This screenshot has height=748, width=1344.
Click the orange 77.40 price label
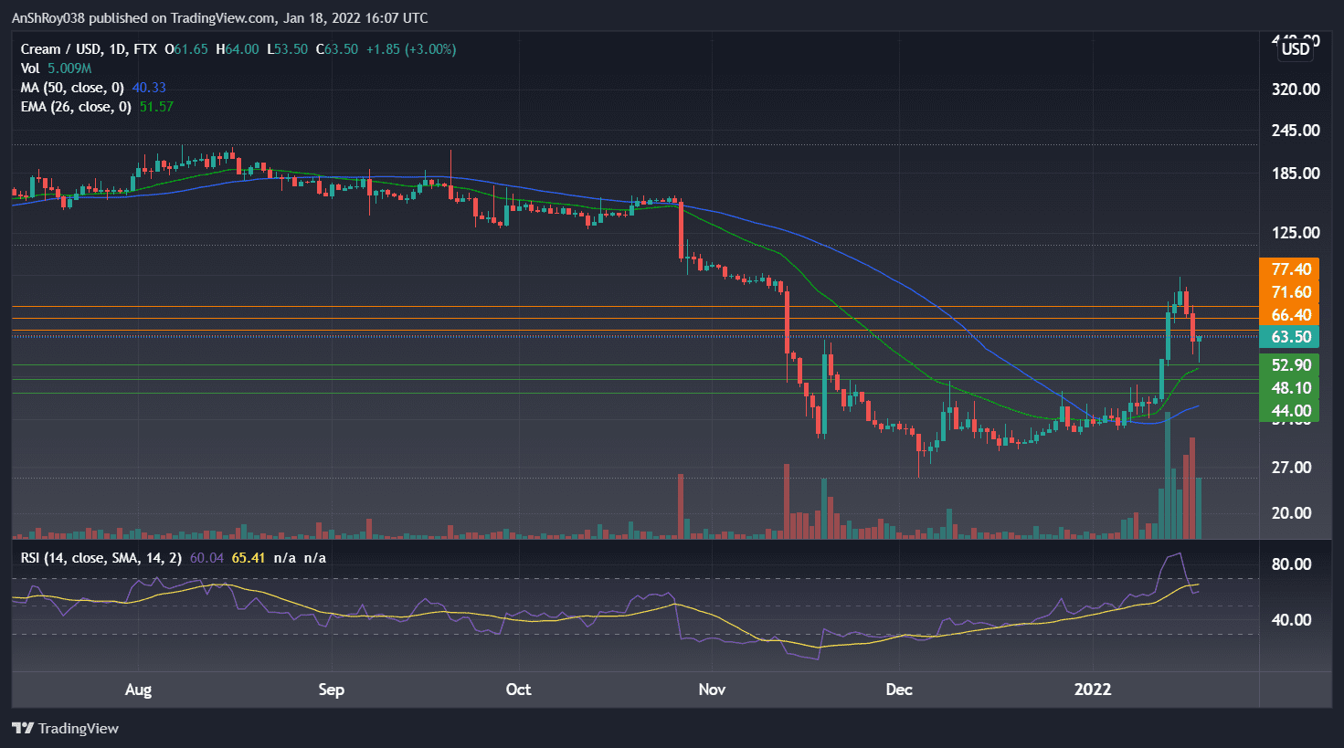(x=1291, y=269)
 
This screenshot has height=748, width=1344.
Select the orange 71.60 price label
(x=1291, y=292)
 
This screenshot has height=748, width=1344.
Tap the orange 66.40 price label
(x=1291, y=315)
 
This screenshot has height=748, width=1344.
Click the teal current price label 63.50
(x=1291, y=337)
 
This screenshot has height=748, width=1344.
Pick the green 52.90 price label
(x=1291, y=365)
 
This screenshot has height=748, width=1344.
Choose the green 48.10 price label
(x=1291, y=388)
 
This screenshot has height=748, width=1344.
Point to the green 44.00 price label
(x=1291, y=411)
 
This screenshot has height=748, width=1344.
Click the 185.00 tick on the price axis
(x=1296, y=174)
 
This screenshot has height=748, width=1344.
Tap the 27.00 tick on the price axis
(x=1291, y=468)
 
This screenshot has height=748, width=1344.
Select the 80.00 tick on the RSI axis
(x=1291, y=564)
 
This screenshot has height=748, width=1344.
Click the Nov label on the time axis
(x=712, y=690)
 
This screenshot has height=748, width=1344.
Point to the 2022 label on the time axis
(x=1093, y=690)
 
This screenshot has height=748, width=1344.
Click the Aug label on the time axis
(x=138, y=690)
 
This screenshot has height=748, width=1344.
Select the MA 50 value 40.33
(x=149, y=88)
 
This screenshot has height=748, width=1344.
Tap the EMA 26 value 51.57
(x=156, y=107)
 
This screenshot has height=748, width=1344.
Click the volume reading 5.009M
(x=69, y=68)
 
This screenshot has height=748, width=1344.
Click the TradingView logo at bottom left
(x=66, y=729)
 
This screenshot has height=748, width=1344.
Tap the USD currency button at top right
(x=1295, y=49)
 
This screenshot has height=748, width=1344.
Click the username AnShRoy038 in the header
(x=51, y=18)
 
